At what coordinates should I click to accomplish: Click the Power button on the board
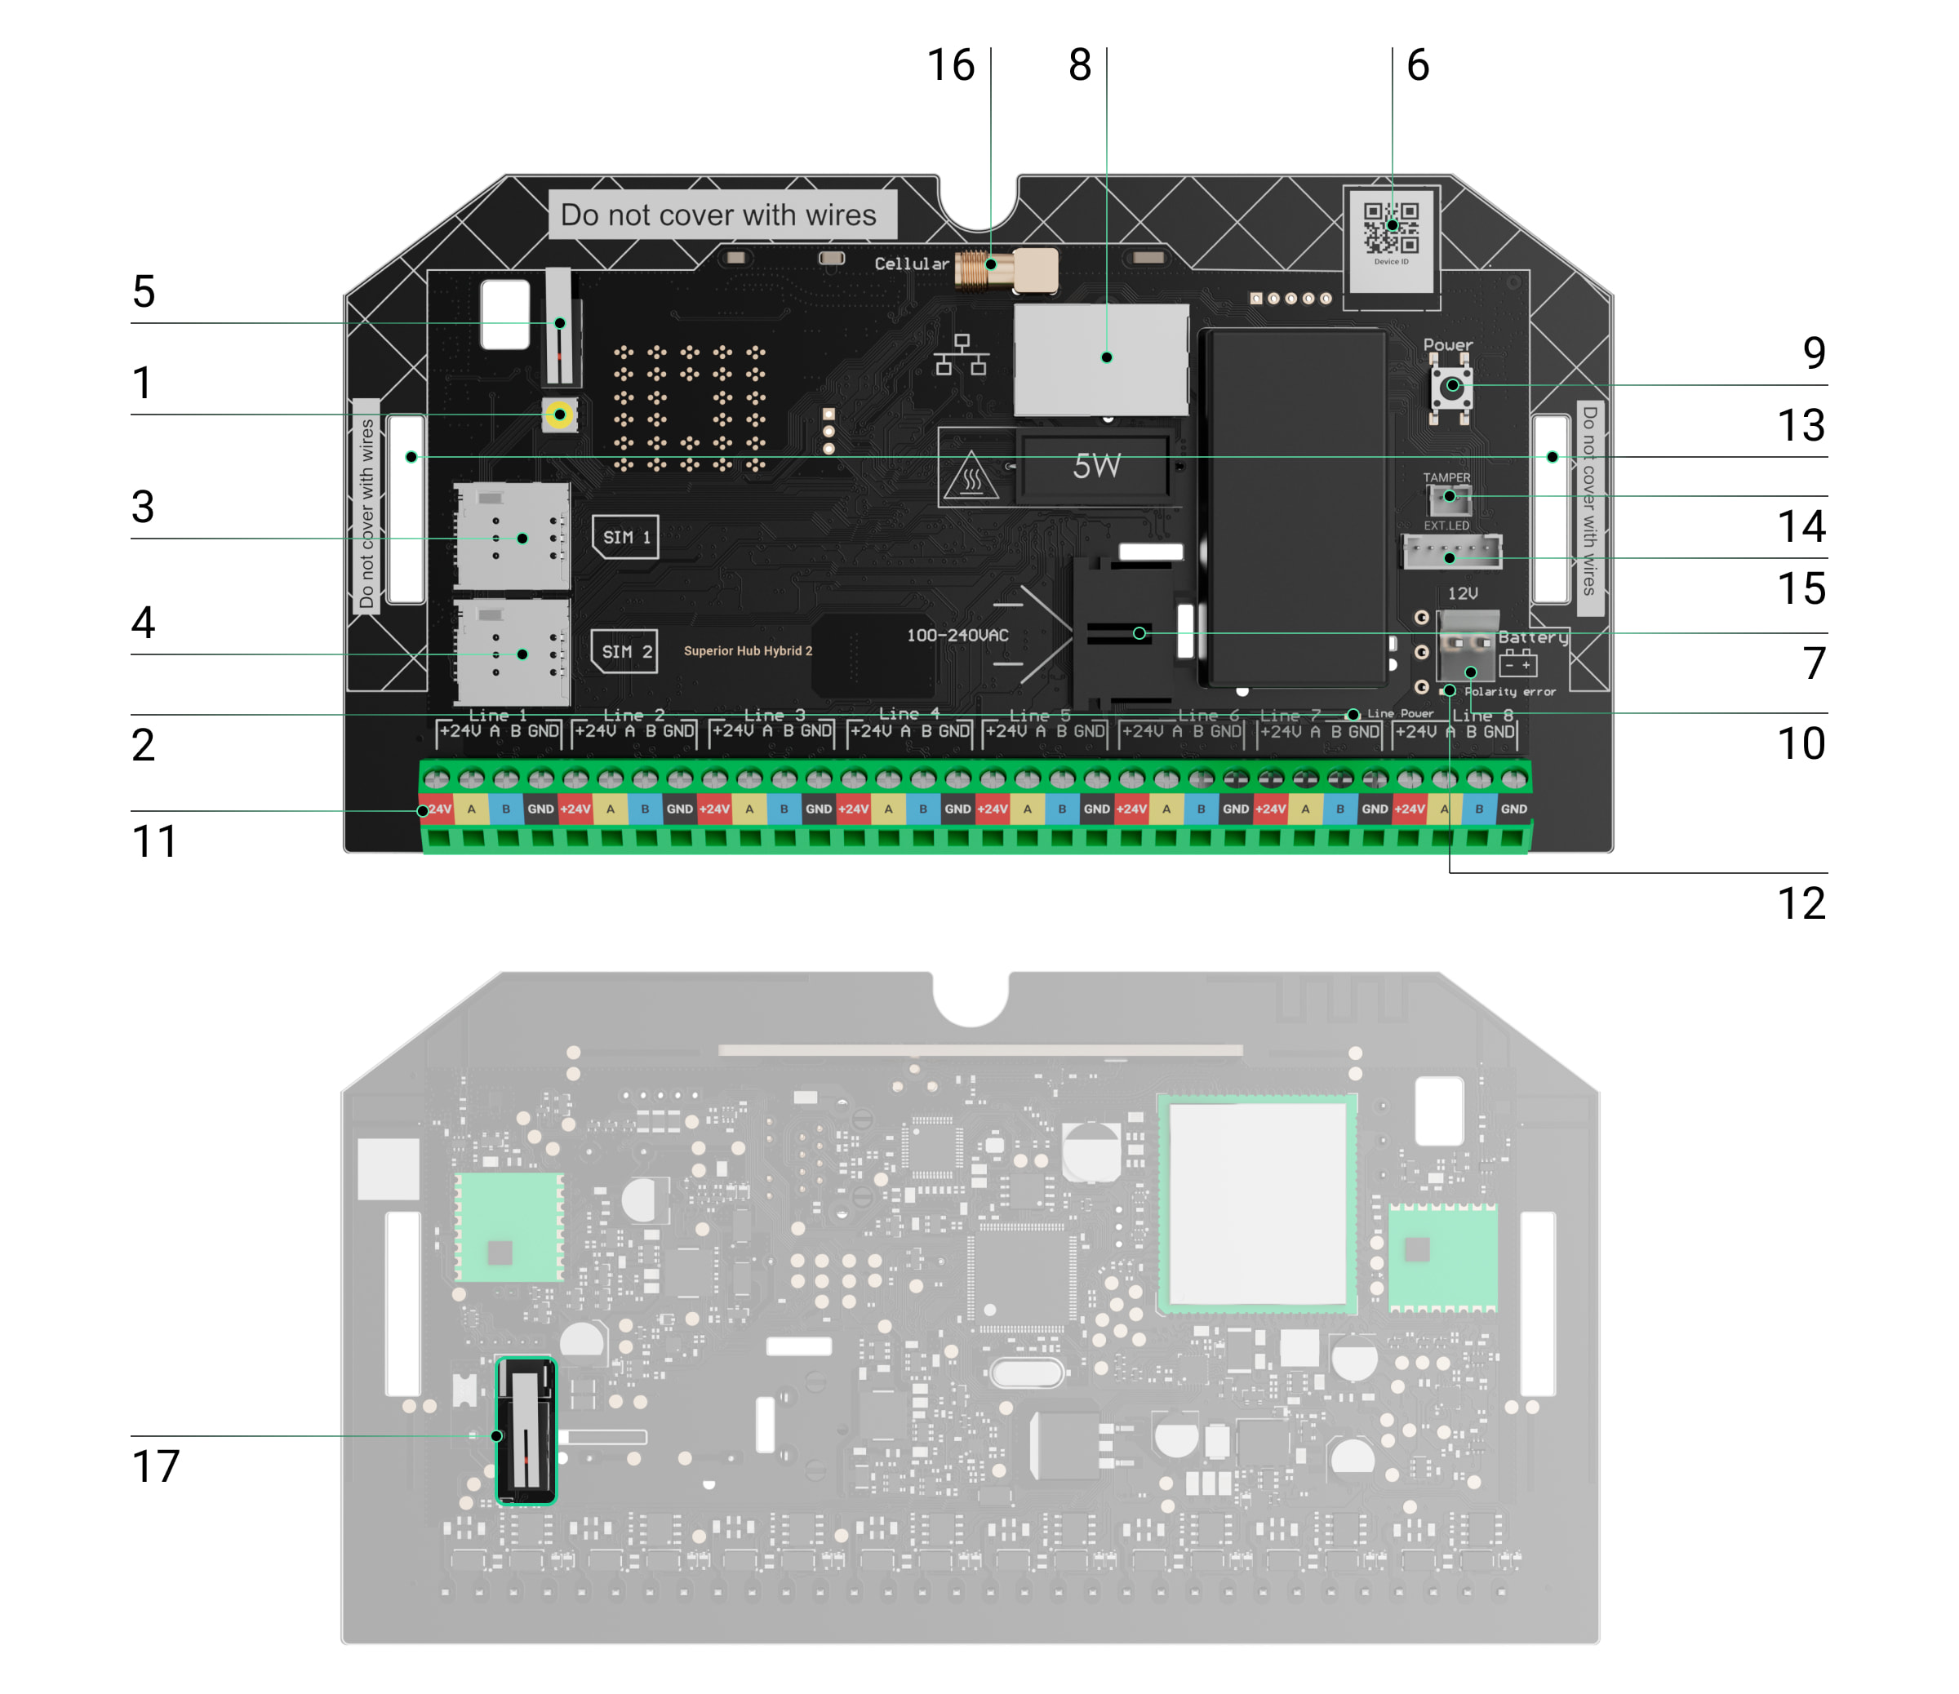(x=1451, y=386)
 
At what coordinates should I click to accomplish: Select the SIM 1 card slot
(x=513, y=537)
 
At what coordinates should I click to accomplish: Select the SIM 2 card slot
(x=513, y=654)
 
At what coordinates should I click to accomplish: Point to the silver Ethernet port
(x=1100, y=359)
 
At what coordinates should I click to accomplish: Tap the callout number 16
(x=950, y=66)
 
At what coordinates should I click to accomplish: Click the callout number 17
(x=155, y=1467)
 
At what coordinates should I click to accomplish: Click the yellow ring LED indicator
(x=560, y=415)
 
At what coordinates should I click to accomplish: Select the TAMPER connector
(x=1449, y=497)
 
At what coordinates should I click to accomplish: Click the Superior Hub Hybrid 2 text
(x=748, y=651)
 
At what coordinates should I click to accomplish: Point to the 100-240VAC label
(x=957, y=635)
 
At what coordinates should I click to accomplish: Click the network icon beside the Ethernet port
(x=962, y=356)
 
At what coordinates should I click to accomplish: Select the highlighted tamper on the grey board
(x=526, y=1430)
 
